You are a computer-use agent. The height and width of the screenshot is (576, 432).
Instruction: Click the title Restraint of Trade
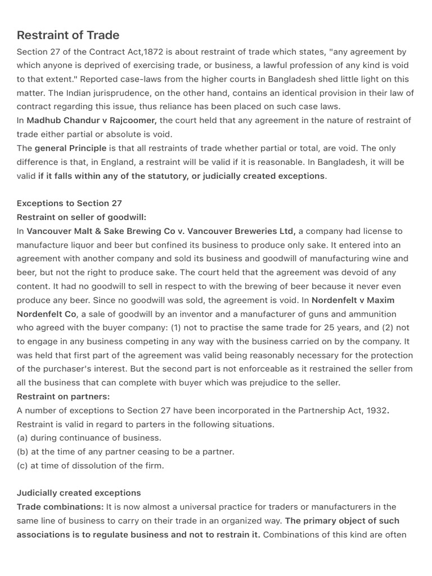click(x=68, y=35)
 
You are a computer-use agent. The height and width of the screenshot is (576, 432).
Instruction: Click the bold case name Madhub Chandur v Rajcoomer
click(x=92, y=120)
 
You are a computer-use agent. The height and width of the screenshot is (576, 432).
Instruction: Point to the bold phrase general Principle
click(x=70, y=148)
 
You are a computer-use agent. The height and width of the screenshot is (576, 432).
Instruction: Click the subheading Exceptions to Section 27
click(x=69, y=203)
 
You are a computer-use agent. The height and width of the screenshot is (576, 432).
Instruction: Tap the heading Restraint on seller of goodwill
click(x=81, y=217)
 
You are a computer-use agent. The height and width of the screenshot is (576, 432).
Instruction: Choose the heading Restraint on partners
click(x=63, y=397)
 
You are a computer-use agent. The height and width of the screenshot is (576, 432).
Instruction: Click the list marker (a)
click(x=22, y=438)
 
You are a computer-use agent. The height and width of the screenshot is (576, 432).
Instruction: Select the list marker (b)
click(x=22, y=452)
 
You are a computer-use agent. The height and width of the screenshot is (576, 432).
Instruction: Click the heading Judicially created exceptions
click(x=79, y=493)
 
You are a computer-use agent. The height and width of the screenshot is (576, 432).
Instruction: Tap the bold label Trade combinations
click(x=60, y=507)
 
